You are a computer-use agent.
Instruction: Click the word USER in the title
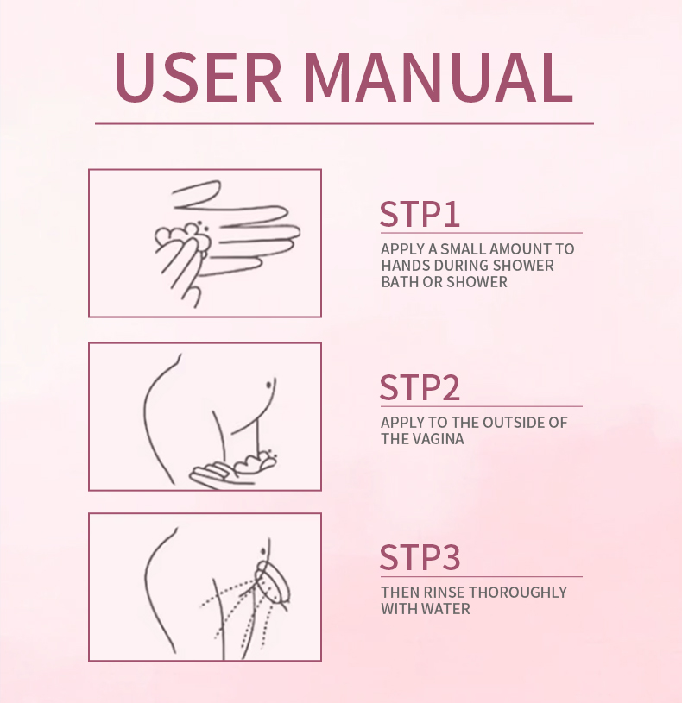[x=199, y=77]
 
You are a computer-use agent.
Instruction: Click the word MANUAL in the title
[x=439, y=77]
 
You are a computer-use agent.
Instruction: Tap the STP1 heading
[x=420, y=214]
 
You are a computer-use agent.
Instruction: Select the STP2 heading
[x=420, y=388]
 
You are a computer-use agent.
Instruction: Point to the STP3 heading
[x=420, y=558]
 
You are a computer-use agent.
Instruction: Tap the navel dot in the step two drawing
[x=269, y=385]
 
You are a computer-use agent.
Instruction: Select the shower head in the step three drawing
[x=273, y=584]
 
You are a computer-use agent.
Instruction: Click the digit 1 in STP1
[x=452, y=214]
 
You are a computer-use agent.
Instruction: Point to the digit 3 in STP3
[x=451, y=558]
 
